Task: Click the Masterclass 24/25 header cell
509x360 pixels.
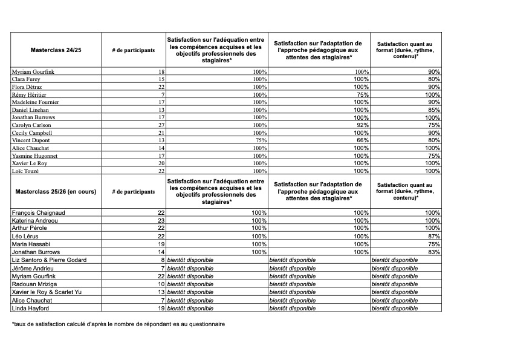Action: pos(56,50)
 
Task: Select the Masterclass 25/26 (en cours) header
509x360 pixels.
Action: pos(57,192)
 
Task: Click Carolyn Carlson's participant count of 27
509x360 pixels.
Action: pos(161,125)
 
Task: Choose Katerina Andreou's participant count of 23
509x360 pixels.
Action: pos(161,221)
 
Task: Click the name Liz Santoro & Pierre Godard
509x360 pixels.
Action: pos(49,260)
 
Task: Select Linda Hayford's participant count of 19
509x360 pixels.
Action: pos(161,308)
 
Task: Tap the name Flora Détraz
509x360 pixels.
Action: pos(28,87)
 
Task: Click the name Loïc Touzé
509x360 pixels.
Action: pos(25,171)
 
